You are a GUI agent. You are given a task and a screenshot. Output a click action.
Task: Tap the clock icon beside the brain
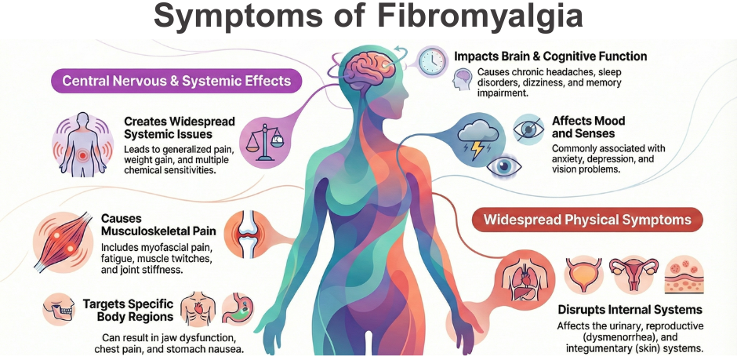coord(432,60)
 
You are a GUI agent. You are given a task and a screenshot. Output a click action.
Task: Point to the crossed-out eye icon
coord(528,127)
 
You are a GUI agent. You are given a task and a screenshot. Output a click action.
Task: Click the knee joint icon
coord(247,234)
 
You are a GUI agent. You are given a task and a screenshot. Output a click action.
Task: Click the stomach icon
coord(238,309)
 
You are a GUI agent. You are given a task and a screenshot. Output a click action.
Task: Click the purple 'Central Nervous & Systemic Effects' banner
coord(176,81)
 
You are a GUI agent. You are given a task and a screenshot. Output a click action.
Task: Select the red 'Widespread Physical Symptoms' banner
coord(587,220)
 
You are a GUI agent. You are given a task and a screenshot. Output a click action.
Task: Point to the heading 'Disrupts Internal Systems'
coord(630,310)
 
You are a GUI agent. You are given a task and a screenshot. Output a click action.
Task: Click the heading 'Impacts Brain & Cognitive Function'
coord(550,56)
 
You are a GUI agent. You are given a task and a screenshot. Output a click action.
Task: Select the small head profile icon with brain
coord(462,79)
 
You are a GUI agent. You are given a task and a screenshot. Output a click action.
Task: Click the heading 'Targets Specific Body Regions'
coord(128,310)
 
